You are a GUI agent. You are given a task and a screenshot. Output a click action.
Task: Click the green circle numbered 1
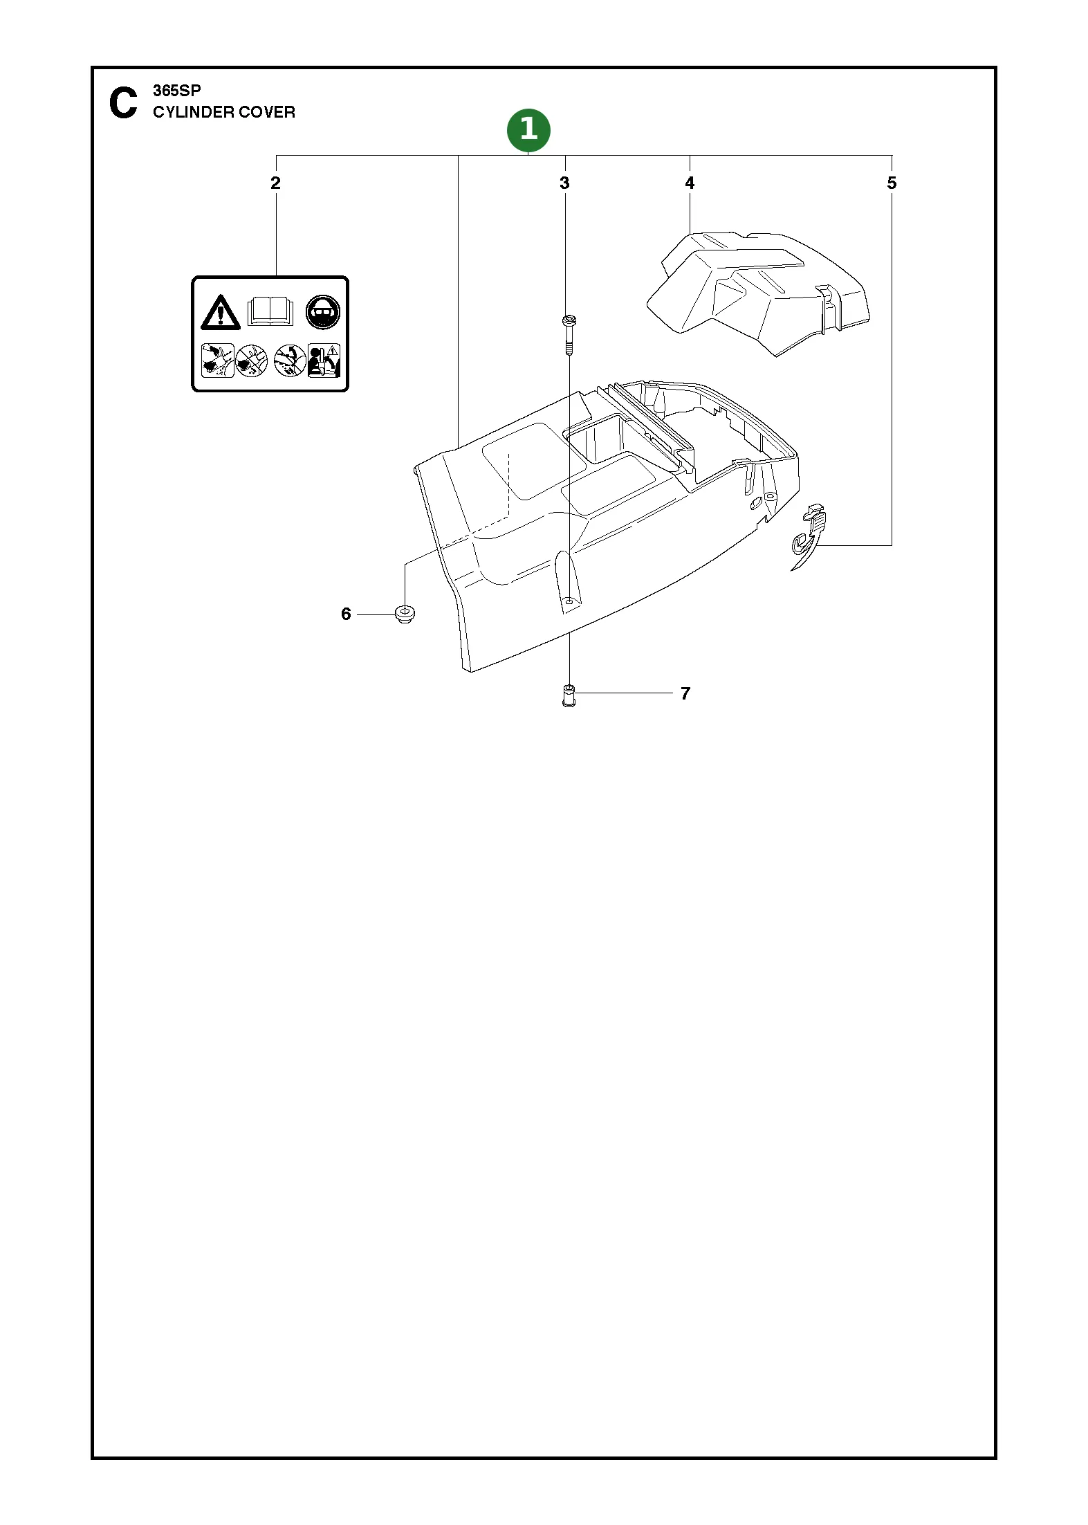pos(528,129)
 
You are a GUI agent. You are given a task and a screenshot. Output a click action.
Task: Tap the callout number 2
pos(275,183)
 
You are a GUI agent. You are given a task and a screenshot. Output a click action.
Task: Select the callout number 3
pos(564,183)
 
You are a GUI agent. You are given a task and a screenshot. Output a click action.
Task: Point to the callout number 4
pos(690,183)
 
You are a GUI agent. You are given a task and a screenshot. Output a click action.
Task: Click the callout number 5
pos(892,183)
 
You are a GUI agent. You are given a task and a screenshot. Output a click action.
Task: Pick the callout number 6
pos(346,614)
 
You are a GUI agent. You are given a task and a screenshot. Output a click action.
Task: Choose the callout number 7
pos(685,693)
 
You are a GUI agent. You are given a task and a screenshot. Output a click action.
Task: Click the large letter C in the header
pos(123,103)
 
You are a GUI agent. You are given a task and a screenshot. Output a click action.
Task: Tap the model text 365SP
pos(177,91)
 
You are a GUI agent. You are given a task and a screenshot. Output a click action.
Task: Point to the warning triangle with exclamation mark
pos(220,312)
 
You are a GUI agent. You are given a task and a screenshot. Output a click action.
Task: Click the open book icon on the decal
pos(270,311)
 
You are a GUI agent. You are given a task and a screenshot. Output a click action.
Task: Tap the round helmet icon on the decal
pos(323,311)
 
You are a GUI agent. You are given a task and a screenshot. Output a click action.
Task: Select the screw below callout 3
pos(569,335)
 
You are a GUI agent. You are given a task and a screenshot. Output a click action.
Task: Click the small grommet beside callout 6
pos(404,614)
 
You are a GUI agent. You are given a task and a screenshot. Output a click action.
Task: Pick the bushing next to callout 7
pos(569,695)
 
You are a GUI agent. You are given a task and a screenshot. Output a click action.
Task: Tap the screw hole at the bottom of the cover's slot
pos(569,603)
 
